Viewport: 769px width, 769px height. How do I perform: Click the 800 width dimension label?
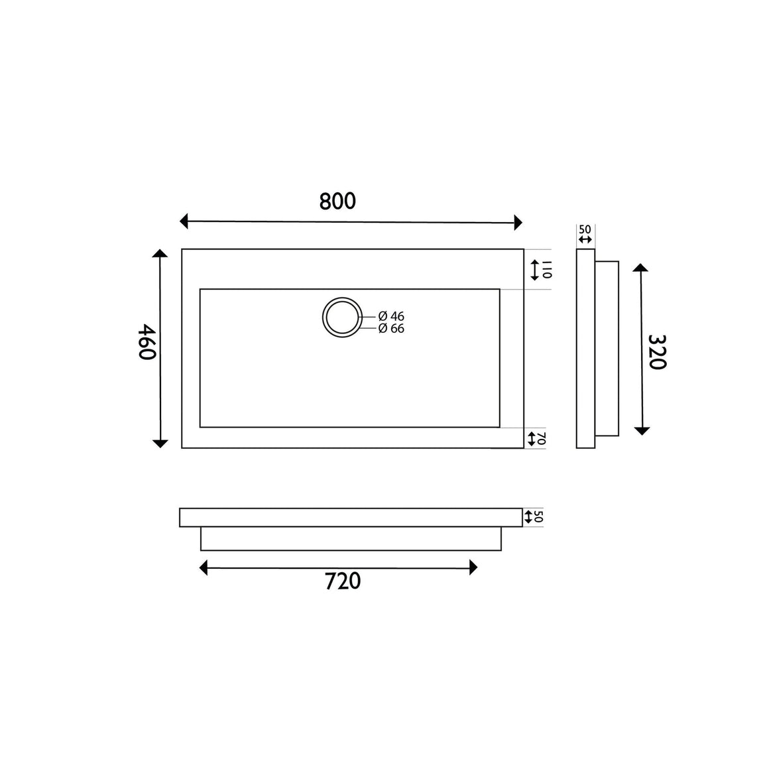coord(337,201)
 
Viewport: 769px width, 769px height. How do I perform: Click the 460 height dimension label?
coord(147,342)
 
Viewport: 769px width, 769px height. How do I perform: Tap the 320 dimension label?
coord(657,351)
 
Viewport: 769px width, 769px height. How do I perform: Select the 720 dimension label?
coord(343,581)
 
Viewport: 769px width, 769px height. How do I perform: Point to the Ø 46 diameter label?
coord(391,316)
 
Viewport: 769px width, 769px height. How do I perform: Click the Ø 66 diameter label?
coord(391,329)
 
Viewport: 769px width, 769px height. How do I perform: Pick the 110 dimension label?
coord(548,270)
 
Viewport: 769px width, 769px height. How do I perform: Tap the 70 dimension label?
coord(541,438)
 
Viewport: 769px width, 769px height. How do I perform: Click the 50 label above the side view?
coord(585,229)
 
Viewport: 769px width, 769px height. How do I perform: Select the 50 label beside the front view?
coord(538,516)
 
